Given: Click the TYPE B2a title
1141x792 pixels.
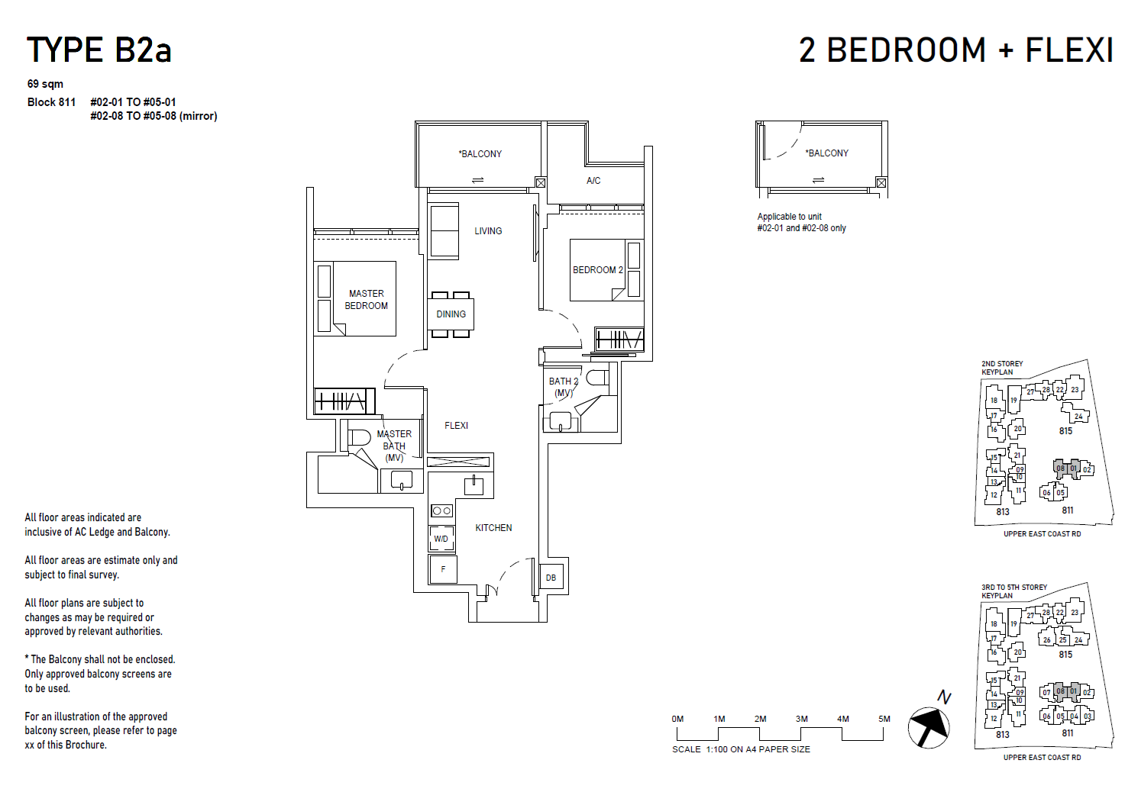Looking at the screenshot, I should point(99,50).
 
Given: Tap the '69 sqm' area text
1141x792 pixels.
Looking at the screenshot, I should point(45,84).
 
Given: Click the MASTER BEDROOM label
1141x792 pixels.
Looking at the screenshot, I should point(367,299).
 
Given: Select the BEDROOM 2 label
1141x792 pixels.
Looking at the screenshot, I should point(598,270).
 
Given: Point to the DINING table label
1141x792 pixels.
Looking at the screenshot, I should point(451,314).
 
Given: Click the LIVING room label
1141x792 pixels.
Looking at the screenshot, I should point(488,231).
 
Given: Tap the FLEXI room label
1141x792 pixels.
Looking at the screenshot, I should point(456,426).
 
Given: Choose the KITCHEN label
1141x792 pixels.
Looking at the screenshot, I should point(493,528).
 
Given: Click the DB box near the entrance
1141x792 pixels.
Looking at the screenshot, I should point(551,578).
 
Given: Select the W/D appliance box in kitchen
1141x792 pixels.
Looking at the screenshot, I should point(441,539).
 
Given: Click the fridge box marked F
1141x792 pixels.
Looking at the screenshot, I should point(443,569).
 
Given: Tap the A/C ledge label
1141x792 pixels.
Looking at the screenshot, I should point(593,181).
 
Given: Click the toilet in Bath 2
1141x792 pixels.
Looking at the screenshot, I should point(596,377).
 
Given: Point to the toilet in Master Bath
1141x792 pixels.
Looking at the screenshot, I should point(359,438).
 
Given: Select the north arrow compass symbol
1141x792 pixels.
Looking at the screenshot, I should point(929,726).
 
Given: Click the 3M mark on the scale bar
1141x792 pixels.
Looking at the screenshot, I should point(801,719).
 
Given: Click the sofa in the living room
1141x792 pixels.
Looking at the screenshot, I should point(444,231).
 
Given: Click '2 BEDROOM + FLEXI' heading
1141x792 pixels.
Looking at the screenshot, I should point(955,50).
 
